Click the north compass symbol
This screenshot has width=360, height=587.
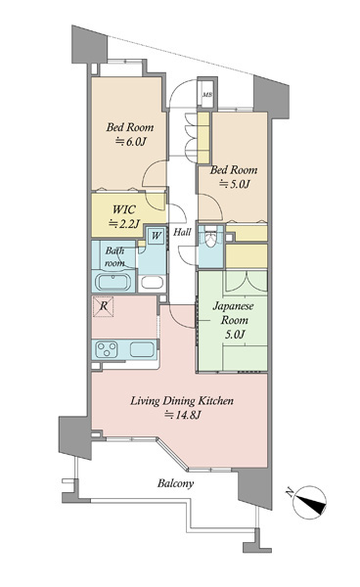309,503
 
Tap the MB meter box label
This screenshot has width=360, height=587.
207,95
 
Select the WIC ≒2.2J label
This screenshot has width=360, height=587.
124,216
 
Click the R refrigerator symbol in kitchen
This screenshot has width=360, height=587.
104,306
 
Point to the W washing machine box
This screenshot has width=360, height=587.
157,236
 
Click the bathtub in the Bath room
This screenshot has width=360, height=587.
113,282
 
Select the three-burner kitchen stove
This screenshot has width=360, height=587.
107,349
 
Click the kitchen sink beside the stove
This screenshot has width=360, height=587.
142,349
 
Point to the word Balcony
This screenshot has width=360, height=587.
175,483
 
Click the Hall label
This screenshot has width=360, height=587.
182,232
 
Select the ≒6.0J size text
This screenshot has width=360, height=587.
130,142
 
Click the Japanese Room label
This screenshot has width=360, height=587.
234,313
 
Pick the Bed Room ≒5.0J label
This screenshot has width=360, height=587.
234,177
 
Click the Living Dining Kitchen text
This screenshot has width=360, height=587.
182,401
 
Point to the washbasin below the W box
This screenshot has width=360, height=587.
152,282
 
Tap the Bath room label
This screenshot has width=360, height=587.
114,256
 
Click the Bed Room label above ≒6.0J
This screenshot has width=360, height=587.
130,127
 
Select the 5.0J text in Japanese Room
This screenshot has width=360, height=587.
235,335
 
